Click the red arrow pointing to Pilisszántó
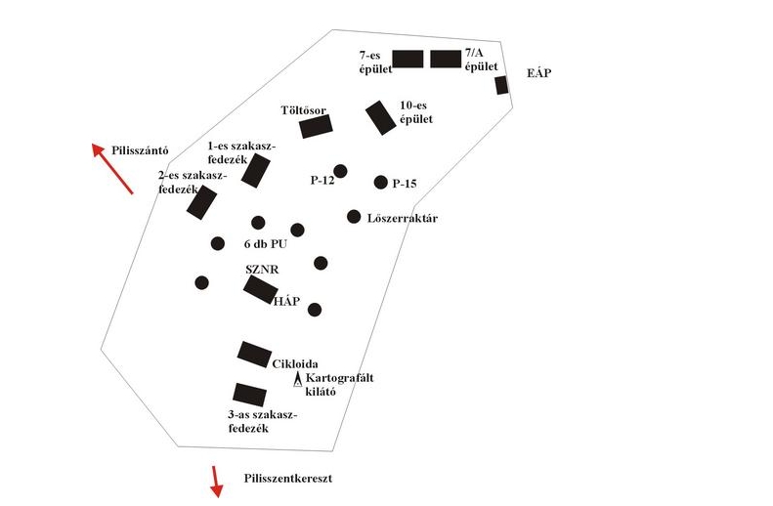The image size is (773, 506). coord(112,168)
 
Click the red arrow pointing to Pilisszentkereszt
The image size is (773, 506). coord(215,481)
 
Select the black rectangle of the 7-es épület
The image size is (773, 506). coord(408,59)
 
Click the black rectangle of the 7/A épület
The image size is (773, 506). coord(445,59)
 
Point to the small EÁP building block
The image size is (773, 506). coord(501,85)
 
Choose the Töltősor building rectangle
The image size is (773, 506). coord(316,126)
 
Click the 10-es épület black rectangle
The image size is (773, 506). coord(379,117)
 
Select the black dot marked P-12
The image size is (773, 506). coord(340,172)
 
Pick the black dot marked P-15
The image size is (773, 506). coord(381,182)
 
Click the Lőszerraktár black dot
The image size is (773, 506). coord(354,216)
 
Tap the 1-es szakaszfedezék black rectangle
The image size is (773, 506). coord(255,170)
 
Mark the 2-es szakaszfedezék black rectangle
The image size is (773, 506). coord(201,202)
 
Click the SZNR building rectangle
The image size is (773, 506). coord(261,288)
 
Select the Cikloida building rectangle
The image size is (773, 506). coord(254,354)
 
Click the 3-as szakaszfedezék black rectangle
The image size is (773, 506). coord(250,395)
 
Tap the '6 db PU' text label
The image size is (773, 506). coord(264,244)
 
